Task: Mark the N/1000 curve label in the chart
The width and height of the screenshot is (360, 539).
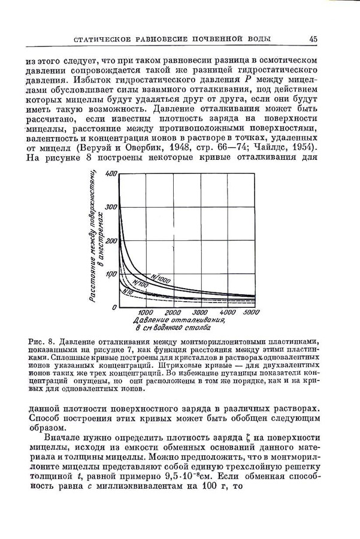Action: point(161,278)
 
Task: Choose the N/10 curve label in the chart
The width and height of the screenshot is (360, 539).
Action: point(128,291)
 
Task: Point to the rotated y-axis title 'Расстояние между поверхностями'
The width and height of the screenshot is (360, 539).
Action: point(94,237)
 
